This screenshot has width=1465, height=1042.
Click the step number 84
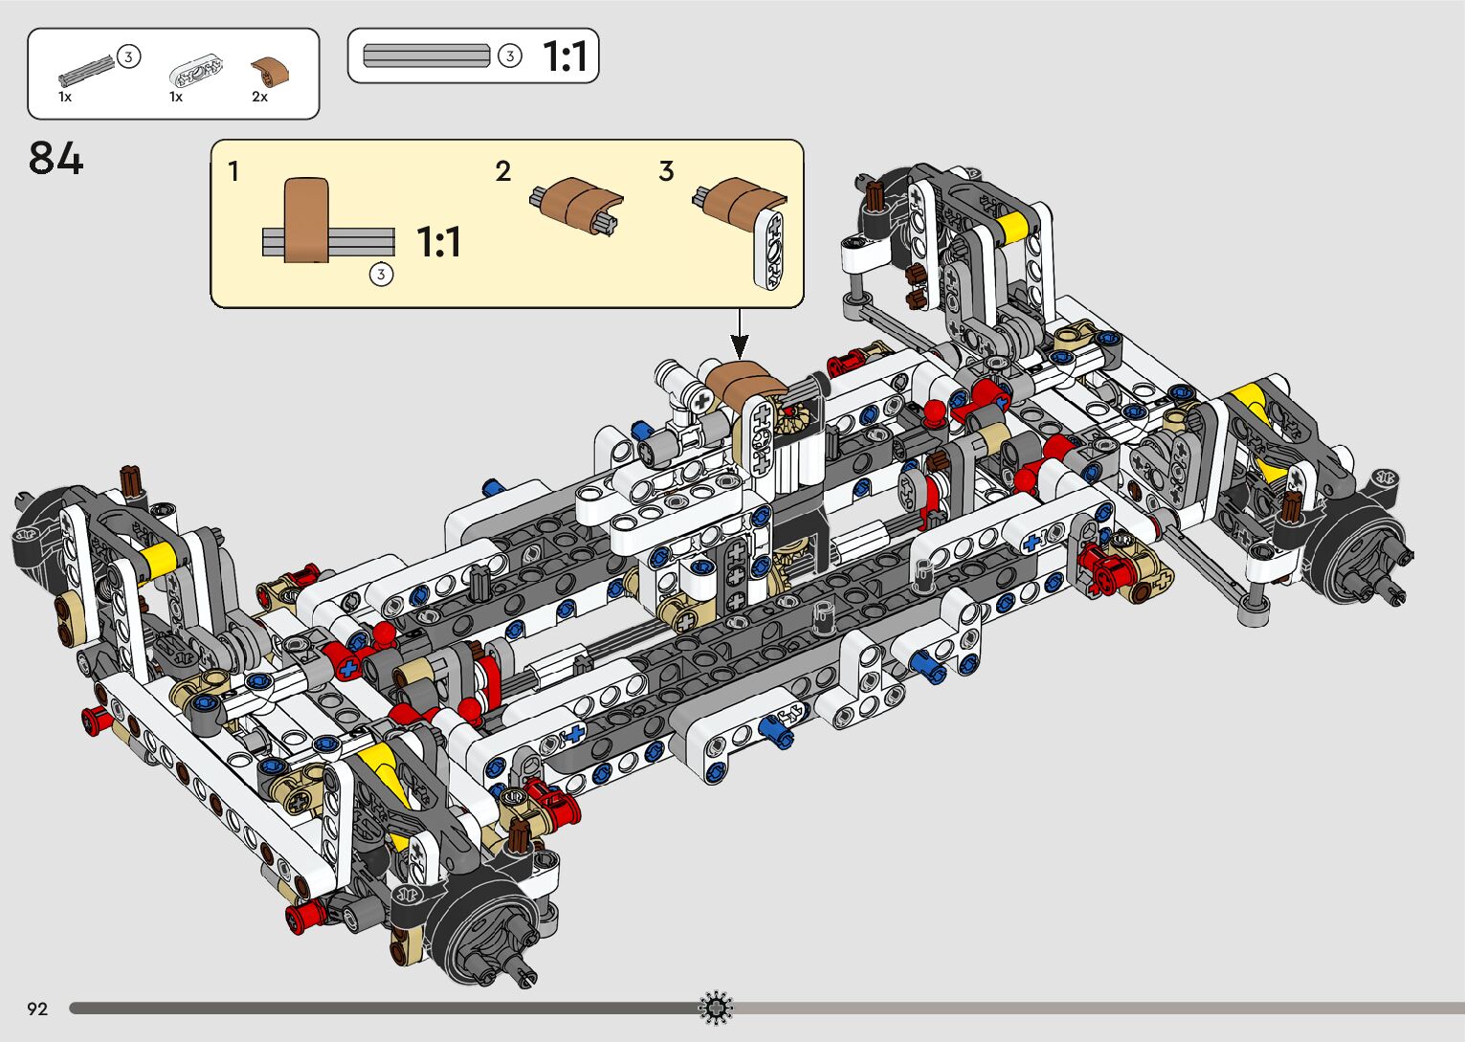[55, 158]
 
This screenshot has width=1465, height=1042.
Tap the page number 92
[37, 1009]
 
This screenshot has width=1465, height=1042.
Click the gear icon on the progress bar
[716, 1008]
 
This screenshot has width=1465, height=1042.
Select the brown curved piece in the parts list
[270, 72]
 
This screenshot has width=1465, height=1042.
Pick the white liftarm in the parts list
[195, 72]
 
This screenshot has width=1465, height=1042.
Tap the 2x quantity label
[259, 97]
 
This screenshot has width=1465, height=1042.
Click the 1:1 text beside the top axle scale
[566, 56]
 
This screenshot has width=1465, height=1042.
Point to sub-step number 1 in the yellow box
[233, 171]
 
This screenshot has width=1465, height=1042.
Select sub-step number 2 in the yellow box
[502, 171]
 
